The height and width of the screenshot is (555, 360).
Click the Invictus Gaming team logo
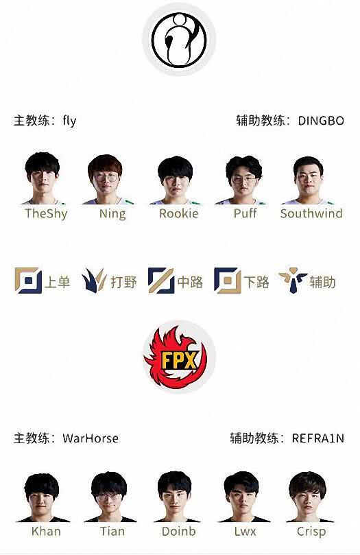pos(179,40)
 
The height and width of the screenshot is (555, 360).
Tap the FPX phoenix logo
pos(176,357)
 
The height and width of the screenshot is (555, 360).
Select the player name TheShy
pos(46,214)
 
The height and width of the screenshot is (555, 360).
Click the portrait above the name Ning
pos(107,179)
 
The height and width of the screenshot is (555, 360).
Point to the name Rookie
pos(178,213)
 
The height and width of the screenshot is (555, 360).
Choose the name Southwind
pos(311,213)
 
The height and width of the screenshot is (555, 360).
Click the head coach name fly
pos(69,121)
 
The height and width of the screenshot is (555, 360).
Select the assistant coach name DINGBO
pos(321,121)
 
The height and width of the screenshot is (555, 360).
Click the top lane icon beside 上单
pos(28,281)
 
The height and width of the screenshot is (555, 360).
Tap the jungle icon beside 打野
pos(94,281)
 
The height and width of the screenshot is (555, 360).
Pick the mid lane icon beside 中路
pos(161,281)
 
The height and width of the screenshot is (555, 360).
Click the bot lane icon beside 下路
pos(228,281)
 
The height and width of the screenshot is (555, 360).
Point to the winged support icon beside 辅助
pos(292,281)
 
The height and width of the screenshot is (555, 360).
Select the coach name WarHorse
pos(91,438)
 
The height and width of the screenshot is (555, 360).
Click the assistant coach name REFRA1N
pos(318,438)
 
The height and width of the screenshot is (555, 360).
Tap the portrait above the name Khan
pos(43,497)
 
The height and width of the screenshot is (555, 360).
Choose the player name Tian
pos(112,531)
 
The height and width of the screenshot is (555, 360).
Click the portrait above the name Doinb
pos(174,497)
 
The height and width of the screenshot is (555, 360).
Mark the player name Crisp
pos(311,532)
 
